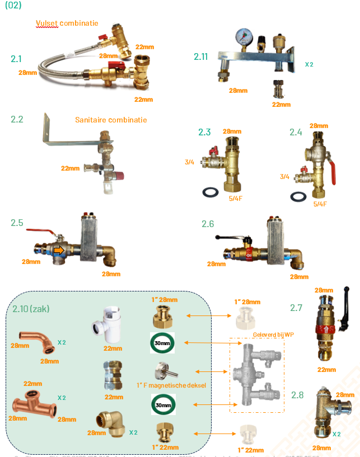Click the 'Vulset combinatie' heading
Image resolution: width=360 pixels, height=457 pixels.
(x=67, y=23)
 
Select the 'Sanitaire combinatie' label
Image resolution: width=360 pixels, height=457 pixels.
(x=111, y=120)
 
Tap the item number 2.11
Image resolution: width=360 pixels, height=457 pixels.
(x=201, y=56)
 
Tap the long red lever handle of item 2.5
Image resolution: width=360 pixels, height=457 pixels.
(x=40, y=231)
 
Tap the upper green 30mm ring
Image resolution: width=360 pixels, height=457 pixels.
(x=162, y=343)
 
